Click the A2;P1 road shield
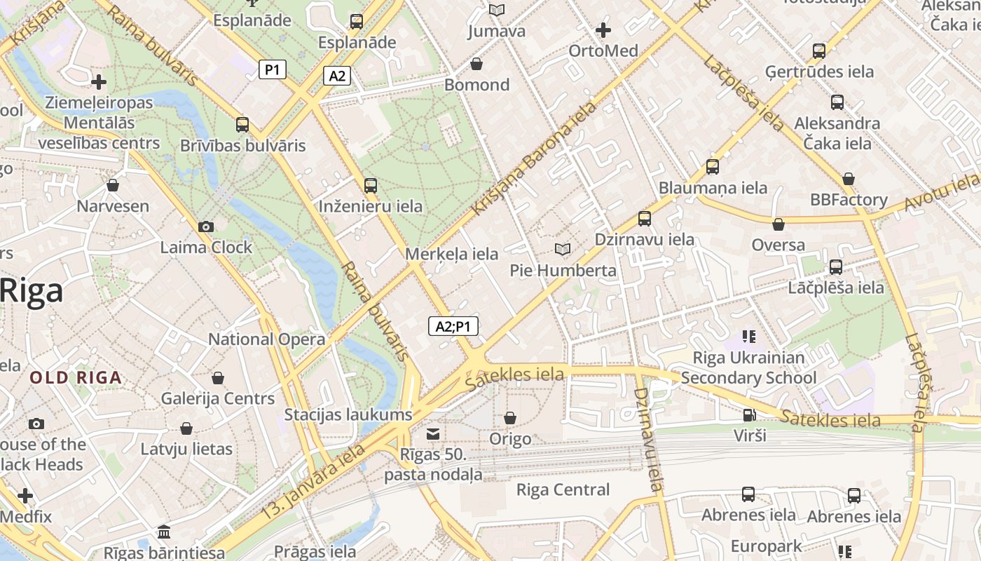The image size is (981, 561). tap(453, 326)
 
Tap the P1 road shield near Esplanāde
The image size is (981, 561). tap(273, 69)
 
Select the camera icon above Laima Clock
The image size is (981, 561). tap(205, 227)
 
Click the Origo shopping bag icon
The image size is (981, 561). tap(510, 418)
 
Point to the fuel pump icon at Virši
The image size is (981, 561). tap(749, 414)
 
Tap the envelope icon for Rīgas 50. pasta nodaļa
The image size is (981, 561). tap(433, 434)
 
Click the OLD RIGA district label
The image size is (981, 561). tap(76, 377)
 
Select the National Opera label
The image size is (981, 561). tap(266, 339)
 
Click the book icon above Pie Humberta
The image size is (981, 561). tap(562, 249)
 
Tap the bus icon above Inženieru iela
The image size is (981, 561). tap(371, 186)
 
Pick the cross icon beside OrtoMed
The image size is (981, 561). tap(603, 30)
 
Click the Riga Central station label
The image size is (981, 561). tap(563, 489)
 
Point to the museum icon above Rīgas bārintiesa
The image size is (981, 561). tap(165, 532)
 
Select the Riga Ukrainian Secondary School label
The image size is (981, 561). tap(748, 367)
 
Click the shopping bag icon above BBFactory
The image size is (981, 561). tap(849, 179)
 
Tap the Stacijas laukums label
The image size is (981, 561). tap(348, 414)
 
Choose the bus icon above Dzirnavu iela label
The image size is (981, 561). tap(645, 219)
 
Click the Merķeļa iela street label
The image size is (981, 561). tap(452, 254)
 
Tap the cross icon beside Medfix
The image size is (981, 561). tap(25, 496)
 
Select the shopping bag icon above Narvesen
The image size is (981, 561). tap(113, 185)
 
